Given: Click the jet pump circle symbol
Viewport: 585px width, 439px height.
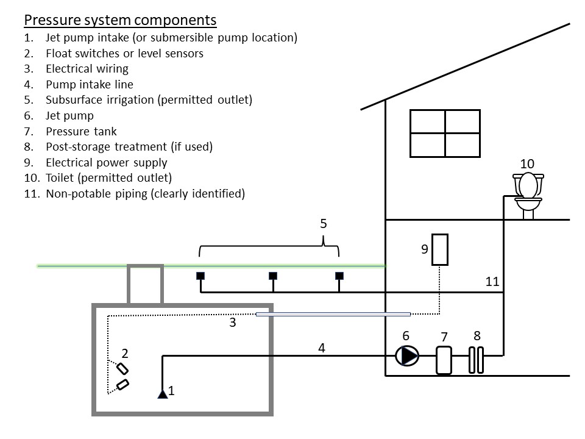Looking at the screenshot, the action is (407, 355).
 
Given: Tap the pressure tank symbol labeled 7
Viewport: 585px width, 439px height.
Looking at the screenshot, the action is (444, 360).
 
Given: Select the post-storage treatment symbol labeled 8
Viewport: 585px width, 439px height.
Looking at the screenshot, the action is (476, 360).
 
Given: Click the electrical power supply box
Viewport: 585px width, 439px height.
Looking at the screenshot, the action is (440, 250).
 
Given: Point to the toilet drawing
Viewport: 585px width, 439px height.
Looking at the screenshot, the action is (528, 195).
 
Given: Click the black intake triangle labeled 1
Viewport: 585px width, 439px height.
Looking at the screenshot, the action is (163, 394).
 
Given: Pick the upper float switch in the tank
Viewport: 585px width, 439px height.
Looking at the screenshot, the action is (122, 369).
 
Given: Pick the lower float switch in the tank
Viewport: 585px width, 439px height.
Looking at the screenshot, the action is (122, 385).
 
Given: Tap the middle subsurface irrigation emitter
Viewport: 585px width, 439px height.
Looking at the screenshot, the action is (273, 276).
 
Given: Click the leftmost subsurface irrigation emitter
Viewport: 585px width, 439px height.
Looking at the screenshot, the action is (200, 276).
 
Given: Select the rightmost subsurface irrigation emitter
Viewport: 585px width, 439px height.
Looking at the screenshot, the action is (339, 276).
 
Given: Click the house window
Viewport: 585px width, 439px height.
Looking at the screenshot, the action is (445, 134).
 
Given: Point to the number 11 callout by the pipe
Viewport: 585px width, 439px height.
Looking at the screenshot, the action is (492, 282).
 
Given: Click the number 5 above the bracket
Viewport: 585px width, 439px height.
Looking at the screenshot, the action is (324, 224).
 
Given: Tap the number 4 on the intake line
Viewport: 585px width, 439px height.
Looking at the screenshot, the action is (322, 348).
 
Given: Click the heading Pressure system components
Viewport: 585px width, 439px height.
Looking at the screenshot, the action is (120, 20).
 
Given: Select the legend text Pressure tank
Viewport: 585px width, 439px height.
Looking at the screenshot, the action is (81, 132).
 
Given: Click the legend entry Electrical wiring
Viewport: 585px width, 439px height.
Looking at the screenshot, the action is (87, 69).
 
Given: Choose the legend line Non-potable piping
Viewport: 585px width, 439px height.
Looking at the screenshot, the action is (145, 194).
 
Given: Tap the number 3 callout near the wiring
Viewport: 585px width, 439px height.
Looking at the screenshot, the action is (232, 323).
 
